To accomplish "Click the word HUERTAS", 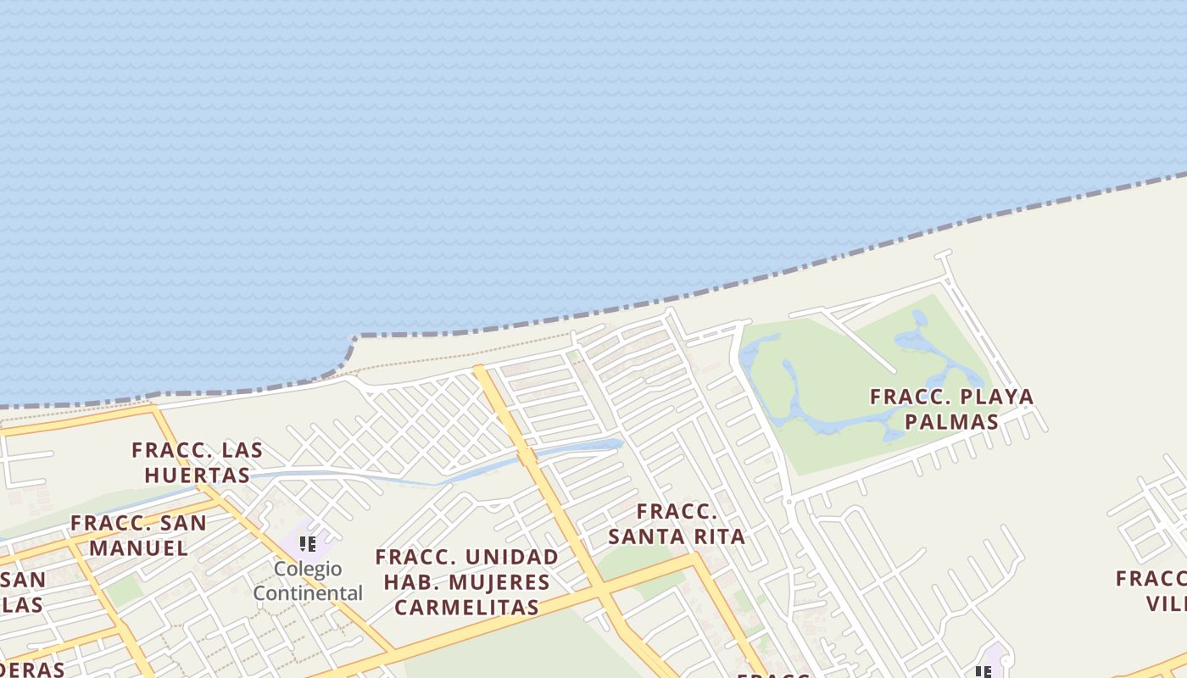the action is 198,475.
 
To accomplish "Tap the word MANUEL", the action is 139,547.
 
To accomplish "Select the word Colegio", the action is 308,569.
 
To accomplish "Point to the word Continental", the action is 308,592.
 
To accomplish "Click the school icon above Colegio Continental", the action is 307,543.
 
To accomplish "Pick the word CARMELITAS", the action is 467,607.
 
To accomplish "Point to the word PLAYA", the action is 994,396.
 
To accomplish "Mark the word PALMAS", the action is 951,421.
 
